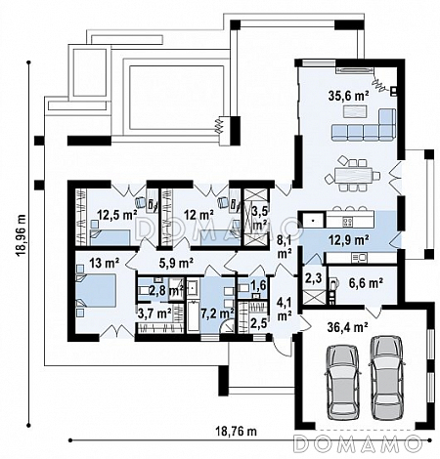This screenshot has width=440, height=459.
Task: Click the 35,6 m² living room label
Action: click(348, 96)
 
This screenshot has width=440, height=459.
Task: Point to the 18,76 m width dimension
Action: click(236, 432)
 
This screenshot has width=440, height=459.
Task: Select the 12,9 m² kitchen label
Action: click(348, 240)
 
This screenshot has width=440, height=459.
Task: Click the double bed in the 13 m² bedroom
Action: click(96, 290)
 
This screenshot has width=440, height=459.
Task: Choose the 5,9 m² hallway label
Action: click(176, 263)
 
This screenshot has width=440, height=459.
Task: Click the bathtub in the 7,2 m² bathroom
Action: click(193, 316)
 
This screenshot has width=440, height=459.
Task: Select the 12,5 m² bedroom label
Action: click(117, 215)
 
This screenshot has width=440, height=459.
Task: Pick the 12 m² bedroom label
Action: click(198, 215)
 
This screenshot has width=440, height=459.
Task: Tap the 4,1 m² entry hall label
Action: click(285, 312)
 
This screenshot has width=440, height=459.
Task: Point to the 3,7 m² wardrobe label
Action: click(154, 313)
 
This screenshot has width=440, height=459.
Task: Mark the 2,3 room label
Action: click(313, 278)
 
